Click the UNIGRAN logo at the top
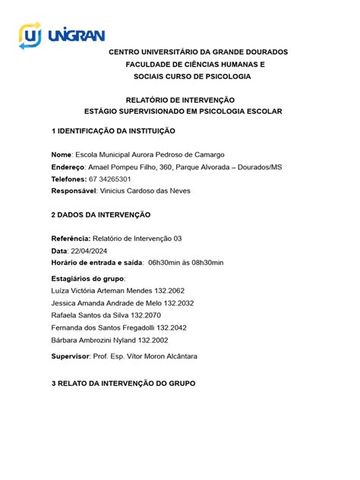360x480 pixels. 62,35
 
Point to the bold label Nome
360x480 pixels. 62,154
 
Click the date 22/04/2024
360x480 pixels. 89,251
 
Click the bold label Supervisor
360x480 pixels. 69,355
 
